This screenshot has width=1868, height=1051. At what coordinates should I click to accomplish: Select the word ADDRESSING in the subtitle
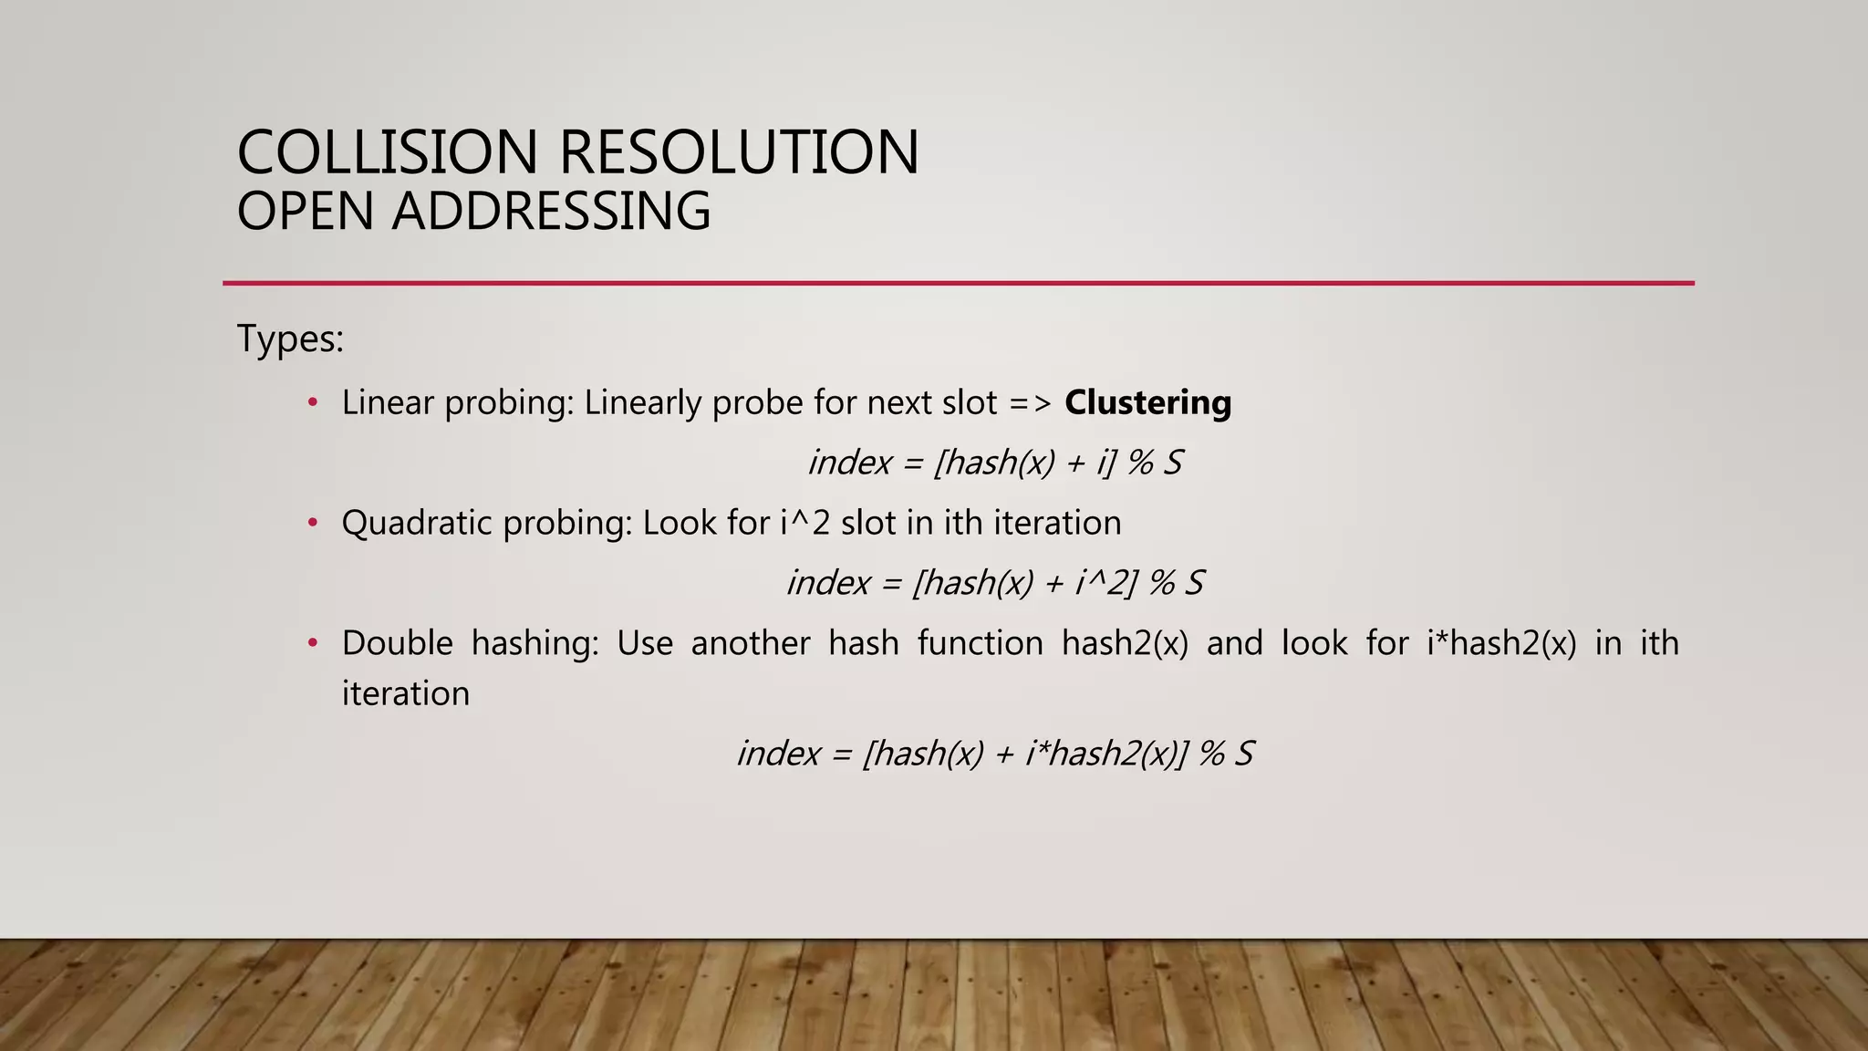tap(551, 212)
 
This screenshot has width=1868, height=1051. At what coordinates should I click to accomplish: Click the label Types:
tap(290, 339)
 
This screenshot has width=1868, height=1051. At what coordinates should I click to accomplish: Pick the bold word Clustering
tap(1147, 402)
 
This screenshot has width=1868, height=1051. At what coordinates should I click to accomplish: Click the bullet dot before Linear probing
tap(313, 402)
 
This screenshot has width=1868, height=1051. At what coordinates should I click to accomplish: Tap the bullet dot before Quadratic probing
tap(313, 523)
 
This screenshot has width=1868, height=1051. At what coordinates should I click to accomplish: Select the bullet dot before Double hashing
tap(313, 643)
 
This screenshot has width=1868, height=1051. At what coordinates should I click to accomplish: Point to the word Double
tap(397, 643)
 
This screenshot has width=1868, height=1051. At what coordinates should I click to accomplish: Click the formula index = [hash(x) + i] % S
tap(995, 463)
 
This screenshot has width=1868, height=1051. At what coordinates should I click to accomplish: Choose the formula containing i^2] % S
tap(995, 583)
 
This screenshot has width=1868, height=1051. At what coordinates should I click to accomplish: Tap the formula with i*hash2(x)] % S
tap(995, 754)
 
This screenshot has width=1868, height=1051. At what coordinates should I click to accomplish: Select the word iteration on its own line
tap(405, 693)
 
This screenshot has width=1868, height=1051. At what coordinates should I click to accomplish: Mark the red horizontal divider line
tap(958, 283)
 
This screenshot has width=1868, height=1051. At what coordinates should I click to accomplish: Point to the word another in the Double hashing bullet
tap(750, 643)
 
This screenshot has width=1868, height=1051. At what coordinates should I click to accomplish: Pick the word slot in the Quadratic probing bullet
tap(868, 523)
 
